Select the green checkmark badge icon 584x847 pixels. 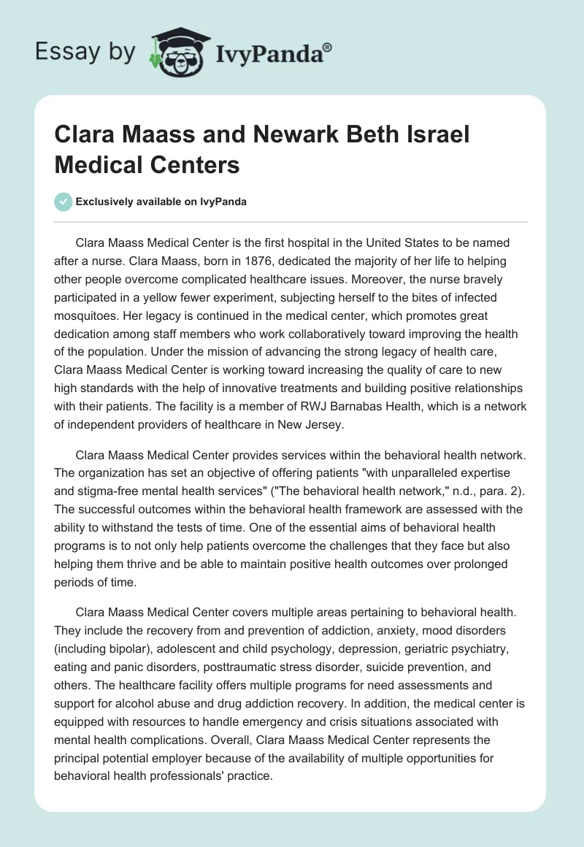(x=64, y=202)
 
